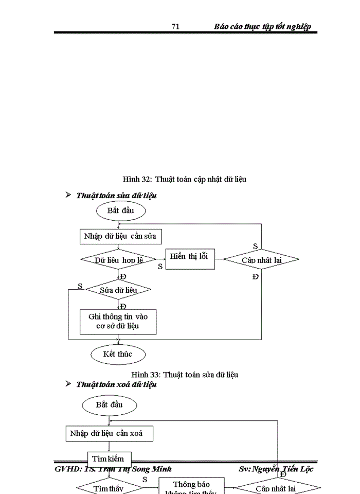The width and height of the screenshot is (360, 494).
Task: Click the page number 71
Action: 175,27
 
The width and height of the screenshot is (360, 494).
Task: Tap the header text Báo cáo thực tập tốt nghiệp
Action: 262,27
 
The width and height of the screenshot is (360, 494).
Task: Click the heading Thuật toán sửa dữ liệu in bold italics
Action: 116,196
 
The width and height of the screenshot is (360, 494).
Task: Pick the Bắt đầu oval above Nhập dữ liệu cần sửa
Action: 120,210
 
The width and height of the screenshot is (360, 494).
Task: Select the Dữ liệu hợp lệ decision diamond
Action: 118,259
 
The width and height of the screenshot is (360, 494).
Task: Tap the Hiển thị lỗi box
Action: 190,258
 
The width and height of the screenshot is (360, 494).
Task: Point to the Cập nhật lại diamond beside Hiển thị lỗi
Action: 262,259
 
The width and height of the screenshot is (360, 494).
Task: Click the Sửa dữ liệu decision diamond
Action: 118,290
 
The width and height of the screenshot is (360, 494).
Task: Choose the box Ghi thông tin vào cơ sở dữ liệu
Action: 118,322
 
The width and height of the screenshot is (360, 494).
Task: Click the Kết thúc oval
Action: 118,354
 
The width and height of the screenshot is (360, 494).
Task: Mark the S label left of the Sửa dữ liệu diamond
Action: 80,286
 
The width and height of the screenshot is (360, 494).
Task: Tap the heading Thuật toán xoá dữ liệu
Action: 116,384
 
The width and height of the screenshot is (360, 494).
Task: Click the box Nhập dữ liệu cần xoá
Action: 110,433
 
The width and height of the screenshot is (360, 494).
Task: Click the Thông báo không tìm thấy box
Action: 191,486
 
